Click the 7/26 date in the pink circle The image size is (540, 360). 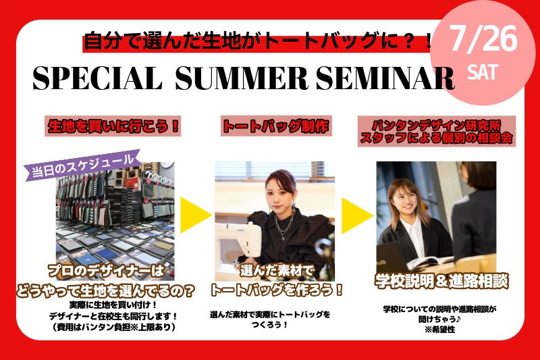[483, 39]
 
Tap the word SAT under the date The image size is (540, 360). [483, 72]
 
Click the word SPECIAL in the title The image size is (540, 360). [97, 78]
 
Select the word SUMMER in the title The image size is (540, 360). [242, 78]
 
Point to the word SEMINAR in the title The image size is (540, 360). [385, 78]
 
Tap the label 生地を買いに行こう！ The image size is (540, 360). [113, 126]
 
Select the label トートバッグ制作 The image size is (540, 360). [276, 126]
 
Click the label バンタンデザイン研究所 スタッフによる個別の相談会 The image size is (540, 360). [437, 131]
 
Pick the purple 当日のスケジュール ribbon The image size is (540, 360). [82, 165]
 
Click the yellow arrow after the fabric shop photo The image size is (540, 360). [195, 215]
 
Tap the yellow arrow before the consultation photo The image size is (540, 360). [357, 215]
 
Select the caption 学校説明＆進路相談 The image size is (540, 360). [441, 282]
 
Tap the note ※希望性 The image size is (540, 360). [440, 330]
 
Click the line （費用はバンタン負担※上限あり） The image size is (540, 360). [113, 327]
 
